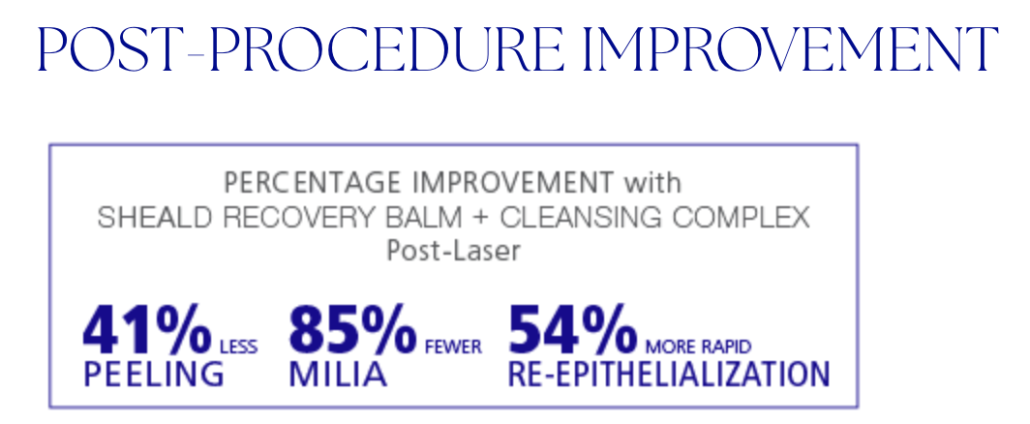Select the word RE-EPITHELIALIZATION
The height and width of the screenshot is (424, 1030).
click(x=668, y=374)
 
